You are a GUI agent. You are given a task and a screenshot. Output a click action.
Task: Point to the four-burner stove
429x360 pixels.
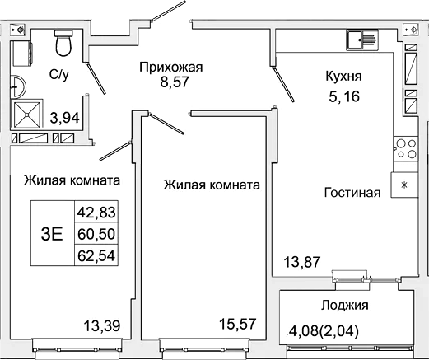tap(405, 152)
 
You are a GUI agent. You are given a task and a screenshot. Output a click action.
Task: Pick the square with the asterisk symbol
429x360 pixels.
tap(404, 185)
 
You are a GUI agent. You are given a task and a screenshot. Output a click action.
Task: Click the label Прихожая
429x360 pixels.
tap(171, 67)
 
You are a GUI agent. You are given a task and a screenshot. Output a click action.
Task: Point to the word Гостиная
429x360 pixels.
tap(352, 194)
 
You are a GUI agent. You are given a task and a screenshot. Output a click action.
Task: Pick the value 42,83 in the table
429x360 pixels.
tap(96, 213)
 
